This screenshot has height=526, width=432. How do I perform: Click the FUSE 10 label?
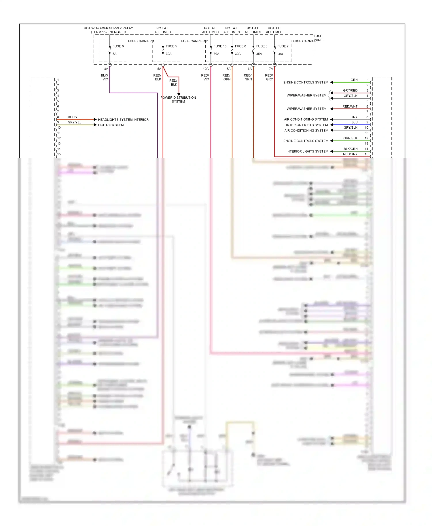[220, 46]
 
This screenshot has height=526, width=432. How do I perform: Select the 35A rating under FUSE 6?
[259, 54]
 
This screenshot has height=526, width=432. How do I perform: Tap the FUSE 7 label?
[283, 46]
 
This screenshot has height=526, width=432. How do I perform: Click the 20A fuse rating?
[280, 54]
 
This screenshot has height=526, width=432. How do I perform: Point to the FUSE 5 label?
[171, 46]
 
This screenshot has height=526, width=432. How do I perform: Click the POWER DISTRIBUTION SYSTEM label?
[178, 100]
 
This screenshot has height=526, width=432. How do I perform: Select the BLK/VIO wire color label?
[105, 77]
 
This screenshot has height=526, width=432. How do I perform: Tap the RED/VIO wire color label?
[205, 77]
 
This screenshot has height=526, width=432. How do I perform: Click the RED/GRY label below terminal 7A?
[269, 77]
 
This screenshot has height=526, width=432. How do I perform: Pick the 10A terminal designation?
[206, 69]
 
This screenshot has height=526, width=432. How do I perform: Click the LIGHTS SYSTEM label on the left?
[111, 125]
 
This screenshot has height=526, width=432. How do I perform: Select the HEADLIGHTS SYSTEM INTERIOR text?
[123, 120]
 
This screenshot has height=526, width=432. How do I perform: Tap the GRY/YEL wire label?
[74, 122]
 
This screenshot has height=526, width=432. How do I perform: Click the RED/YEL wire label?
[74, 117]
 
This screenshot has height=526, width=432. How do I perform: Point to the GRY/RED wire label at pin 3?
[350, 90]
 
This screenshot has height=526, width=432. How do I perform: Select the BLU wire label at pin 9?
[354, 122]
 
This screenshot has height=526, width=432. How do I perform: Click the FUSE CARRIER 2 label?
[194, 41]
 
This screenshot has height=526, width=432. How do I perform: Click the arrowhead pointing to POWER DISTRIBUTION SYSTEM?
[179, 94]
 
